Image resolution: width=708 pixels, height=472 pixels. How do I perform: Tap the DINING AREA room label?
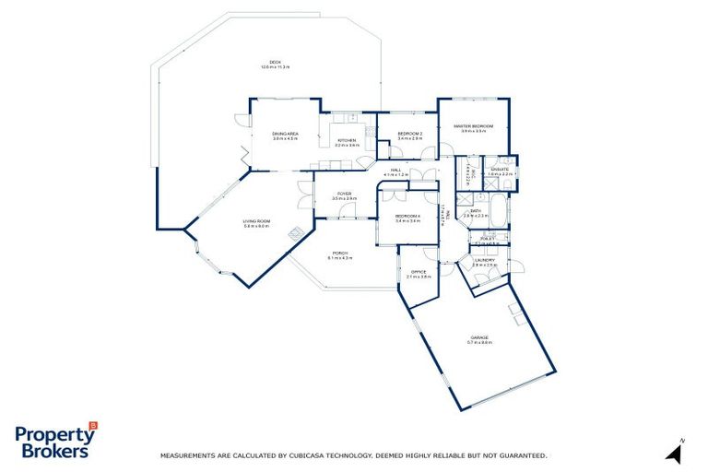pos(285,135)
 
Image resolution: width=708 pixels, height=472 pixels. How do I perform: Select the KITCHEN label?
pos(347,140)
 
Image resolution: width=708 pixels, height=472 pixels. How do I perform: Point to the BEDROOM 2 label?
pos(409,135)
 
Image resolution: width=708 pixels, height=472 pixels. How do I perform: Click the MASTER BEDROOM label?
pos(473,126)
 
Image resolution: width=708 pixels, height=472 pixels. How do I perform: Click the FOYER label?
pos(344,194)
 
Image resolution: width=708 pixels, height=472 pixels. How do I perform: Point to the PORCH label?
pos(340,254)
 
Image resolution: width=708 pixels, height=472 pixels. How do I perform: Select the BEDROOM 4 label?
pos(407,217)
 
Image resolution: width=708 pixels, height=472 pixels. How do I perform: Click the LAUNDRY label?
pos(485,260)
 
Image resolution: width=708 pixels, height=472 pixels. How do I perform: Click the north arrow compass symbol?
pos(675,452)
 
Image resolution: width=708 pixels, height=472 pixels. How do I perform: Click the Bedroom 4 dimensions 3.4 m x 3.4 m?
pos(407,222)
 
